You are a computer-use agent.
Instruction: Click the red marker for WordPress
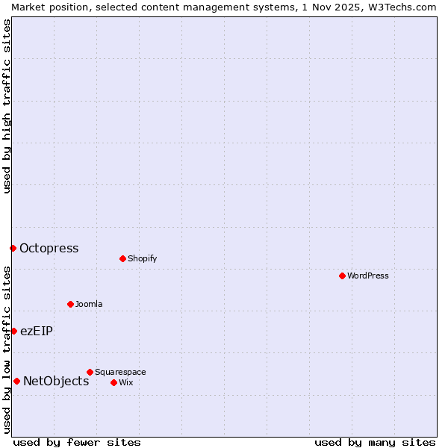coord(342,276)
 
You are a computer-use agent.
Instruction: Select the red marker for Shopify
coord(122,258)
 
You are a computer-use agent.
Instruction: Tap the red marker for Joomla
coord(70,304)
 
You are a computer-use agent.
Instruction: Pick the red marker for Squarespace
coord(90,372)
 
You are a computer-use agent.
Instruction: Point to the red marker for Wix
coord(113,382)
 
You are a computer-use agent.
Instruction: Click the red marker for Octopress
coord(13,248)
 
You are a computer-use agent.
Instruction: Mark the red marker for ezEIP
coord(13,331)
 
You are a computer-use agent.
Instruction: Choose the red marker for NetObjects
coord(16,381)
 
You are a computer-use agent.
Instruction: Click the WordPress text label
coord(368,276)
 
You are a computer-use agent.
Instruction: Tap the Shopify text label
coord(142,258)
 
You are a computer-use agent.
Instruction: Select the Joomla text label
coord(89,304)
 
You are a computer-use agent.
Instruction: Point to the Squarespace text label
coord(120,372)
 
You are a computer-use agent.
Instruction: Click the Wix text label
coord(125,382)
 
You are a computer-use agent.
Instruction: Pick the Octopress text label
coord(49,248)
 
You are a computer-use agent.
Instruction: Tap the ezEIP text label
coord(37,331)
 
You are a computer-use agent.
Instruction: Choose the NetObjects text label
coord(56,381)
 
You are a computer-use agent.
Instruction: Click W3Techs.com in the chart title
coord(400,7)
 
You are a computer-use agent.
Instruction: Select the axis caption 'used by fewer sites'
coord(77,442)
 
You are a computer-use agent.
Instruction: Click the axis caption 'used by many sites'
coord(375,442)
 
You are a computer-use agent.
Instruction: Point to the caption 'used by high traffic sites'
coord(7,106)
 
